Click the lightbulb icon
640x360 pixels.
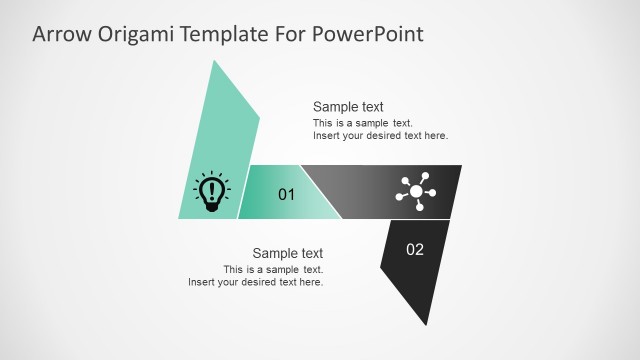[x=211, y=191]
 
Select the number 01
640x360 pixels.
[x=286, y=194]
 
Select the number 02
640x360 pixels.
[x=415, y=249]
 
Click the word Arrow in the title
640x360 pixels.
[x=62, y=34]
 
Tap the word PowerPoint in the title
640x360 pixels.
[x=369, y=34]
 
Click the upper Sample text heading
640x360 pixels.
[x=348, y=107]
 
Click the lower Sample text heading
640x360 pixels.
[x=287, y=253]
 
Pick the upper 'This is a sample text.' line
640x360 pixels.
[x=363, y=123]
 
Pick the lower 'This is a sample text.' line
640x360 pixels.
[x=273, y=269]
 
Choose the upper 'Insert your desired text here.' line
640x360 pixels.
[x=380, y=136]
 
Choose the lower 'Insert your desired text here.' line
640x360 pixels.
[x=256, y=282]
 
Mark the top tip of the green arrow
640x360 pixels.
[x=213, y=62]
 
